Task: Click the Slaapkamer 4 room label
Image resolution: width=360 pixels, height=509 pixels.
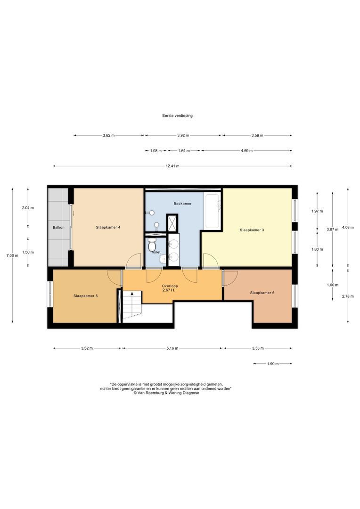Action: click(x=108, y=228)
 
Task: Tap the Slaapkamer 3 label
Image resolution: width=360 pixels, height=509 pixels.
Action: click(x=252, y=230)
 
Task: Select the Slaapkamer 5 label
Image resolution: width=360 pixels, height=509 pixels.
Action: click(x=85, y=296)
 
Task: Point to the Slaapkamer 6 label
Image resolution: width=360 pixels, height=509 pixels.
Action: click(x=262, y=293)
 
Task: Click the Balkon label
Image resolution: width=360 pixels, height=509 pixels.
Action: click(x=58, y=228)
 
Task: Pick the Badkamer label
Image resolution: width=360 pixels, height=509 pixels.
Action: click(x=182, y=204)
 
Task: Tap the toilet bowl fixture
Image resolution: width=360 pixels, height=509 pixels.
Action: click(x=152, y=245)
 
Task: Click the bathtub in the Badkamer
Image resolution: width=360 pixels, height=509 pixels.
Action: click(x=213, y=211)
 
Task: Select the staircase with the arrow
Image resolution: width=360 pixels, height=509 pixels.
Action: click(x=132, y=306)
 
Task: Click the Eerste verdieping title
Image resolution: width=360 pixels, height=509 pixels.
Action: click(x=177, y=115)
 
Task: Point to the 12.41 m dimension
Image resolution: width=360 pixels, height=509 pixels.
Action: click(x=172, y=166)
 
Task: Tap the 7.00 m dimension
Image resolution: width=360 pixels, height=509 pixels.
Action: click(x=12, y=255)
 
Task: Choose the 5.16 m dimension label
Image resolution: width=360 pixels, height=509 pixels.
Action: click(x=172, y=348)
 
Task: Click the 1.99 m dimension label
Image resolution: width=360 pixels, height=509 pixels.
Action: click(x=273, y=364)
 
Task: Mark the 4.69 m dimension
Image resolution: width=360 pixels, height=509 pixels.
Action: click(x=246, y=151)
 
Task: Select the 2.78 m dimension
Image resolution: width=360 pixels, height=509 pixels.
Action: click(x=348, y=296)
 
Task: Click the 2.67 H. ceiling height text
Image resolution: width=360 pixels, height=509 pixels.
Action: click(x=169, y=290)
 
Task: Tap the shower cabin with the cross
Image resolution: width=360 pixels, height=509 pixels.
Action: click(x=172, y=223)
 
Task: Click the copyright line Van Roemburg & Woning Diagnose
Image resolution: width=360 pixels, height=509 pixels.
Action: click(x=166, y=393)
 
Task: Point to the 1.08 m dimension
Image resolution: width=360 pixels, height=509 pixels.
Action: click(x=156, y=151)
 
